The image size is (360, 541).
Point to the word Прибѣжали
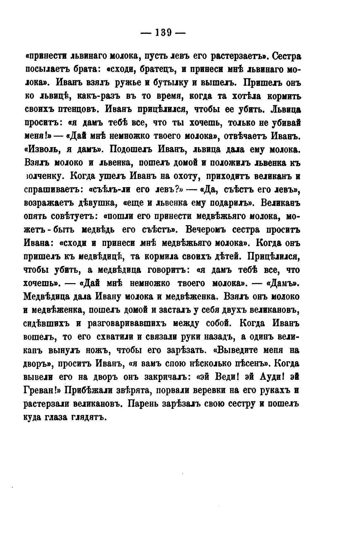[91, 390]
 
